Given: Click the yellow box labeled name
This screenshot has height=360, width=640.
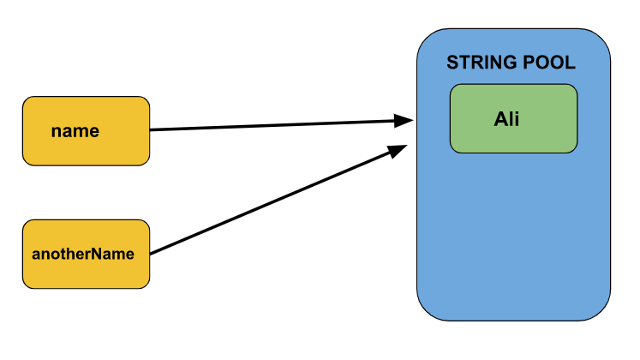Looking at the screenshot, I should click(x=86, y=131).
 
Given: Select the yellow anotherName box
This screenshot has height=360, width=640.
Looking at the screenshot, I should click(x=86, y=254).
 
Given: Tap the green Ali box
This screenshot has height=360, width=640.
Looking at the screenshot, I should click(x=513, y=118).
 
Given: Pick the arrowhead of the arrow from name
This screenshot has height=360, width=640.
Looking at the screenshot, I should click(x=406, y=122).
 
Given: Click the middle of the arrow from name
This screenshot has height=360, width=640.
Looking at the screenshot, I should click(x=278, y=126).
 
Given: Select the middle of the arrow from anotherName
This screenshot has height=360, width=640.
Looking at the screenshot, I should click(x=276, y=201).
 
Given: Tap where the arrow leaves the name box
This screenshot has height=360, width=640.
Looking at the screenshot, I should click(x=152, y=130).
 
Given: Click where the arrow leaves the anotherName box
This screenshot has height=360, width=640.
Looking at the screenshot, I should click(x=152, y=253).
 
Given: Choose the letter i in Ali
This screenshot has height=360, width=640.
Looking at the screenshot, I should click(x=517, y=119).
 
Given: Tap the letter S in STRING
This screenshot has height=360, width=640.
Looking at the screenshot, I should click(x=452, y=63).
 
